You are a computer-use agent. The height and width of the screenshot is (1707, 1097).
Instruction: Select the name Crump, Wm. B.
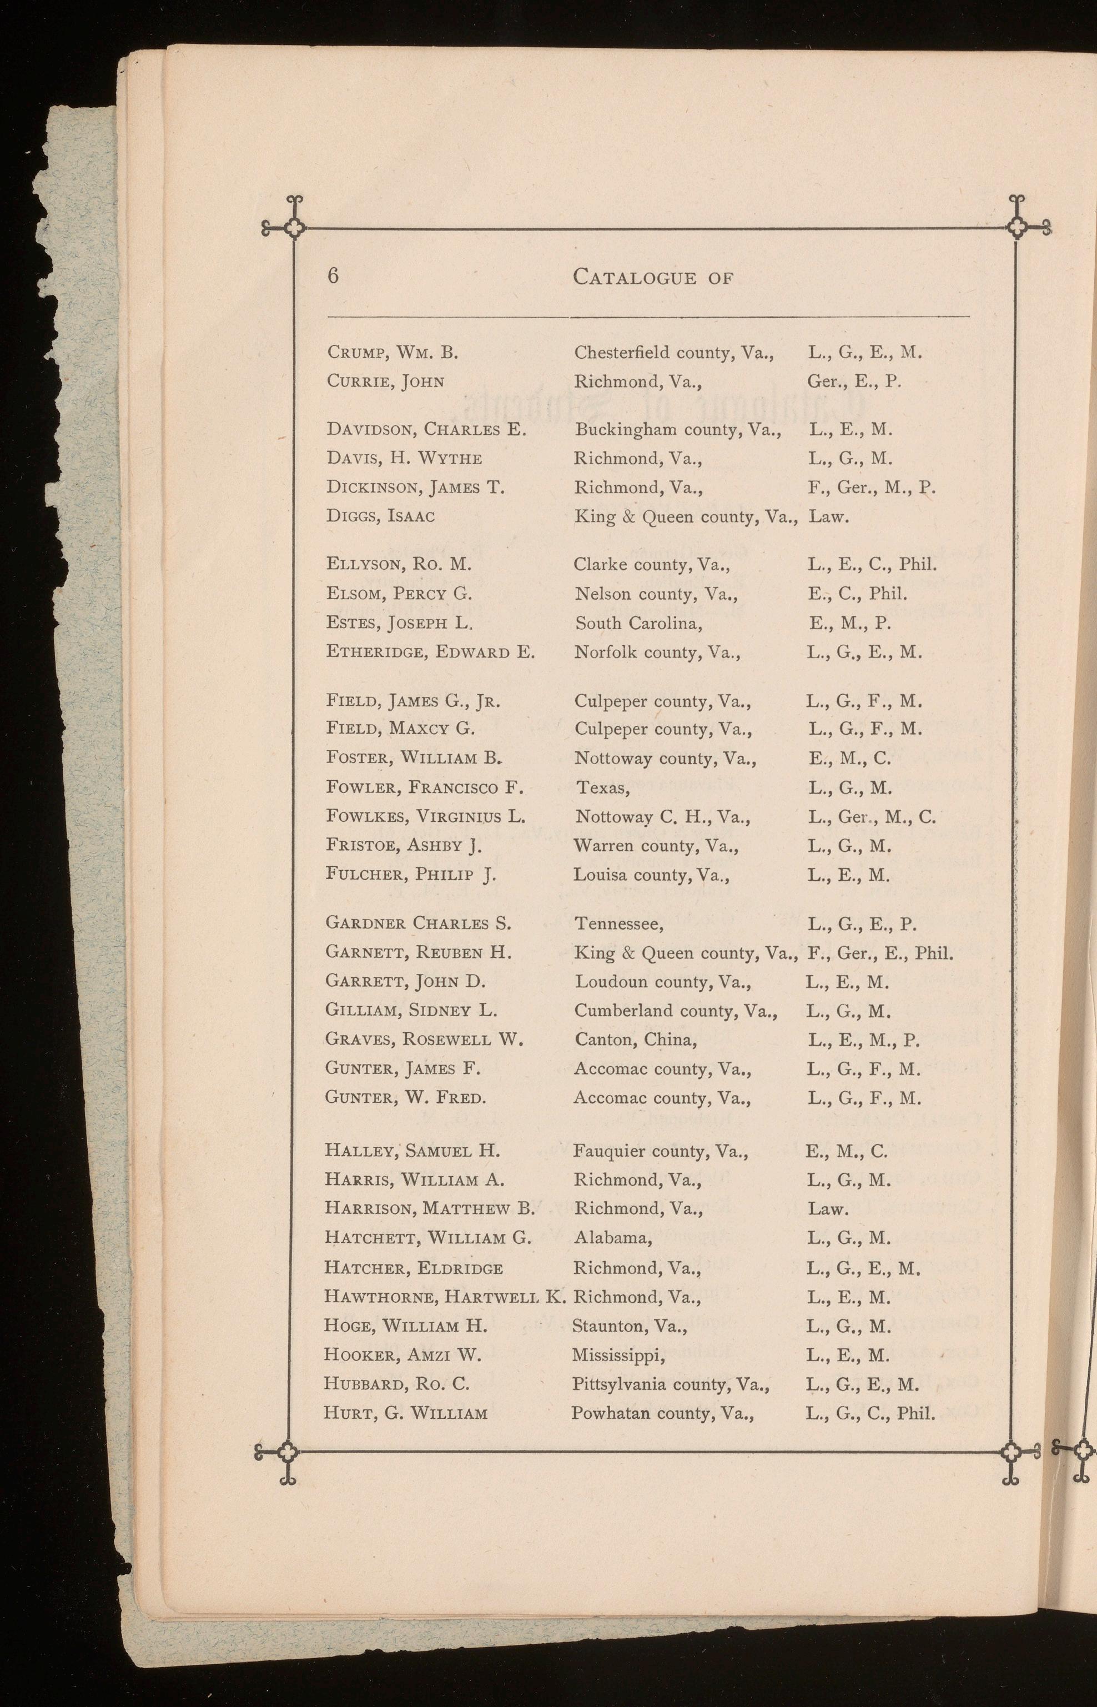click(x=392, y=352)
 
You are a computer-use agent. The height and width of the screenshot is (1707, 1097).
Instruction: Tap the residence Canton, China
click(x=636, y=1040)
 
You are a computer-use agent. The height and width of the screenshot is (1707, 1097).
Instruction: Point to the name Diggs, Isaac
click(x=380, y=516)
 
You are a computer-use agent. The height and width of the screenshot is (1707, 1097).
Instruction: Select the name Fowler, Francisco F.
click(x=425, y=787)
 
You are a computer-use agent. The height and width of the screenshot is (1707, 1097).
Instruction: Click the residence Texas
click(x=602, y=788)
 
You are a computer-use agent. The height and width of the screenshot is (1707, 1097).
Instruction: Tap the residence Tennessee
click(x=619, y=924)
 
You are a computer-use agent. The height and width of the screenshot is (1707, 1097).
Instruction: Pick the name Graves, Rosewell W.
click(x=424, y=1040)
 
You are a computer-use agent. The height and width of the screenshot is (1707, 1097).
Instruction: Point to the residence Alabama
click(x=612, y=1238)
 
